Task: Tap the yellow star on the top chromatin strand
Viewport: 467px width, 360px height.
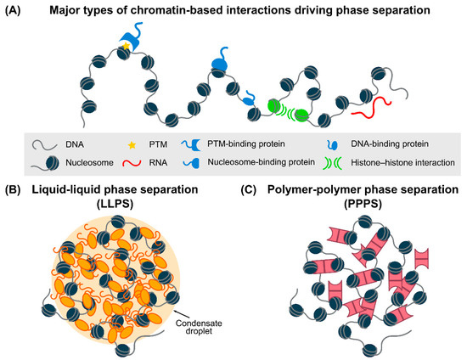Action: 127,43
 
